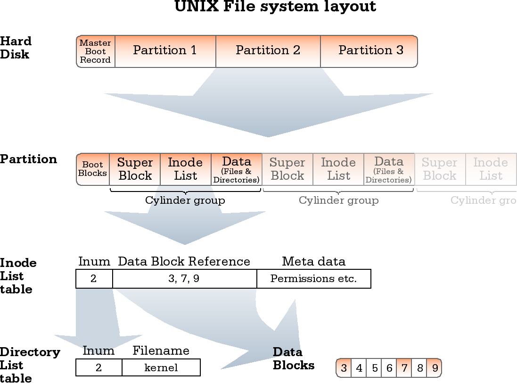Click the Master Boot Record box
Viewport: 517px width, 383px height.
(96, 51)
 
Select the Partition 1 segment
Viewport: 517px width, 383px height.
(165, 51)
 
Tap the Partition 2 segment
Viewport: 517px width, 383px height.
(268, 51)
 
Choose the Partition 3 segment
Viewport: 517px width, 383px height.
(370, 51)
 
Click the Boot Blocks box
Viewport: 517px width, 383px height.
(92, 169)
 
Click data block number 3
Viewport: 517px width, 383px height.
(344, 368)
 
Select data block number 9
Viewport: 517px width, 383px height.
(435, 368)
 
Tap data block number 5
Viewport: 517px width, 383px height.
(374, 368)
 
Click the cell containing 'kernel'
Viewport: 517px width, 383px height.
(161, 367)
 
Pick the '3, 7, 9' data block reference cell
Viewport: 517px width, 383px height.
(184, 279)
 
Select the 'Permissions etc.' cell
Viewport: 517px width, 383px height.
(313, 279)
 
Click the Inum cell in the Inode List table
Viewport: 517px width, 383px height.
(94, 279)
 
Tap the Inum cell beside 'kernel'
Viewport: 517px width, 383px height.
(98, 367)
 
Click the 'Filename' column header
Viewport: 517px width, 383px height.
(161, 351)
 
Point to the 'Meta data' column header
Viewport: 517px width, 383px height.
(313, 262)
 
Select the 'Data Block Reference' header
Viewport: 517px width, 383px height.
(184, 262)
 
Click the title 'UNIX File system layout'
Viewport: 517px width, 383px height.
(275, 7)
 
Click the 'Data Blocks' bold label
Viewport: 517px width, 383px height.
(294, 359)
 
